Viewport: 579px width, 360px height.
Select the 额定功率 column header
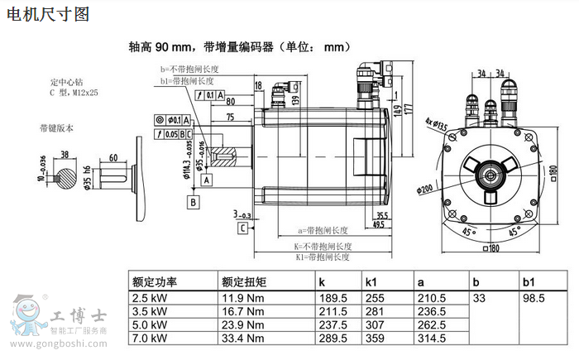click(x=156, y=281)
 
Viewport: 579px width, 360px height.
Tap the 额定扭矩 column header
click(x=245, y=281)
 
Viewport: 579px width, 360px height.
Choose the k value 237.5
click(x=333, y=324)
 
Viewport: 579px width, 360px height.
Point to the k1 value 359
click(x=376, y=338)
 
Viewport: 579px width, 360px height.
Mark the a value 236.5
click(x=432, y=311)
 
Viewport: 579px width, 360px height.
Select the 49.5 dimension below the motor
click(x=380, y=223)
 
